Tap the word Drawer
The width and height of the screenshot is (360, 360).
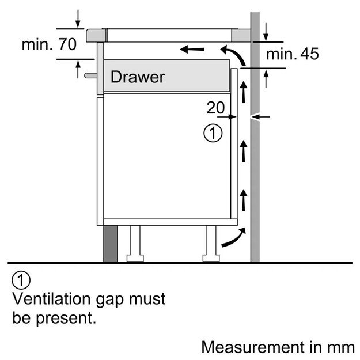point(137,77)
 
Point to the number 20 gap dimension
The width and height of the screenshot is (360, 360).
point(216,107)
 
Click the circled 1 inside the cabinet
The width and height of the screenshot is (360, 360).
point(213,134)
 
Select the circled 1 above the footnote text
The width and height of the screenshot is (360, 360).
point(20,282)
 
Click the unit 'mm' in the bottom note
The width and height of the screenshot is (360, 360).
point(341,347)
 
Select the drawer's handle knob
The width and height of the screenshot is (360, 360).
point(89,75)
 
